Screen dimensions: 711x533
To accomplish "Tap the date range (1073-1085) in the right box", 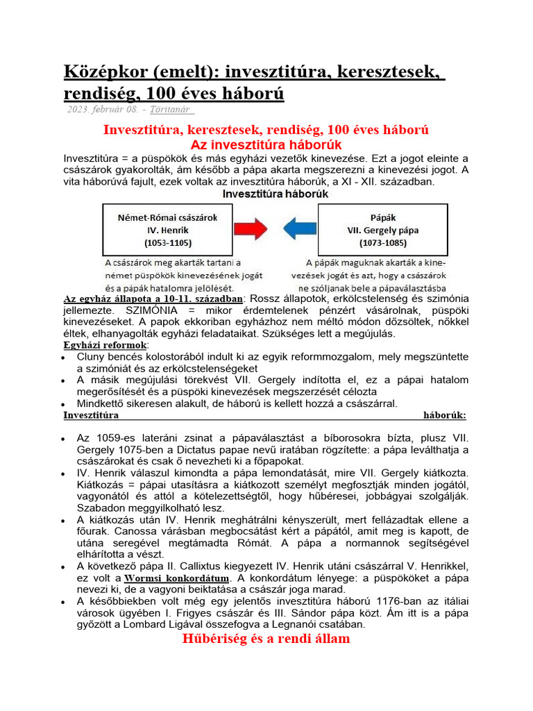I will coord(384,244).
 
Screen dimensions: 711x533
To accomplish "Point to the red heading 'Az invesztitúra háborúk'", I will coord(266,145).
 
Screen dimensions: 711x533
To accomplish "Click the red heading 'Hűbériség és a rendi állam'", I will coord(266,638).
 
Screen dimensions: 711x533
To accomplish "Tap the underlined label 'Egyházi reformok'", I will coord(104,345).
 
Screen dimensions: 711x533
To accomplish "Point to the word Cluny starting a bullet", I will coord(92,357).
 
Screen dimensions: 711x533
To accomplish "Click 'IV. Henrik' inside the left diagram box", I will coord(161,229).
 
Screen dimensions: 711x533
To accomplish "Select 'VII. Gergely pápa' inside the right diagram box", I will coord(384,230).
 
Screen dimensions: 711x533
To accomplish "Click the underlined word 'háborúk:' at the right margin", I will coord(444,416).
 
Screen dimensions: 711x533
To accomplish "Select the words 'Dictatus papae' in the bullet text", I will coord(203,451).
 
